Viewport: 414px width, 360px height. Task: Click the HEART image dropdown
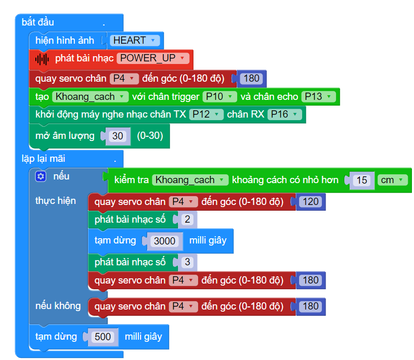click(x=135, y=41)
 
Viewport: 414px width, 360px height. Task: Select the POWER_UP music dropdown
click(x=153, y=58)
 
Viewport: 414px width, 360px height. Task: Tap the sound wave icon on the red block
click(x=42, y=59)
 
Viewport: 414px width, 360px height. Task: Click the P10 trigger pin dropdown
click(x=219, y=97)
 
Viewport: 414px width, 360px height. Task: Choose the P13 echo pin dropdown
click(x=318, y=97)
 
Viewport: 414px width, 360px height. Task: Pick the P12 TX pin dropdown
click(x=206, y=114)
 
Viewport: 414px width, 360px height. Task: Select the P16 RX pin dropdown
click(x=284, y=114)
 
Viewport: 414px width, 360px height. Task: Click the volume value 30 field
click(x=118, y=136)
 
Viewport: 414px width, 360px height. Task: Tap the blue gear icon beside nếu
click(x=41, y=176)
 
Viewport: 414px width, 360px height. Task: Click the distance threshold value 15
click(x=361, y=180)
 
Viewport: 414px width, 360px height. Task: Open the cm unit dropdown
click(x=392, y=180)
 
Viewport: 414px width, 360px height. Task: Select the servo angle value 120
click(x=310, y=202)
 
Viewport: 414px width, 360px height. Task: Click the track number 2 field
click(x=187, y=219)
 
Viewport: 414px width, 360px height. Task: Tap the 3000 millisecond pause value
click(x=164, y=241)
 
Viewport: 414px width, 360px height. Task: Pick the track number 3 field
click(x=187, y=262)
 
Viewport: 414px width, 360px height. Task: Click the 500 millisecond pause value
click(x=102, y=337)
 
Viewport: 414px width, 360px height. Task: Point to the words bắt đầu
click(x=38, y=22)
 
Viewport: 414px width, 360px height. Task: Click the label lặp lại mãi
click(x=43, y=159)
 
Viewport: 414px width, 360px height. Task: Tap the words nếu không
click(x=58, y=306)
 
